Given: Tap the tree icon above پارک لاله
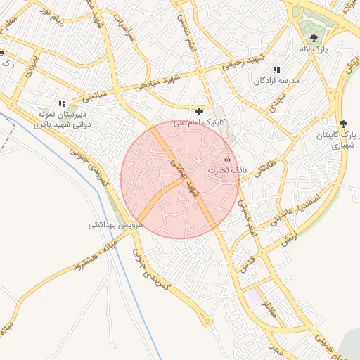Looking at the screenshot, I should point(314,38).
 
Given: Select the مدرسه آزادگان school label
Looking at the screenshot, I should point(276,81).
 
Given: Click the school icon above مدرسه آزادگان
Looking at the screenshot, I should point(276,70).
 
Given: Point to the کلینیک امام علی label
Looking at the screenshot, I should point(200,122).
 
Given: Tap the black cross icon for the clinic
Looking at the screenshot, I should point(200,111).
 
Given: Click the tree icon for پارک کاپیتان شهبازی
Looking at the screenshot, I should point(343,124).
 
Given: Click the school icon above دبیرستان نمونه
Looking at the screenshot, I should point(62,103).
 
